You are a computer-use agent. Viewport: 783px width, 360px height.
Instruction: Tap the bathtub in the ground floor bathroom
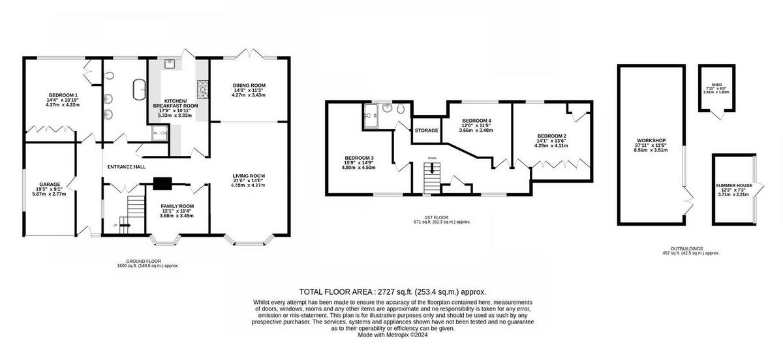(139, 88)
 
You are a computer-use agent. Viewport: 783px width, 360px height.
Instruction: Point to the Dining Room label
(249, 85)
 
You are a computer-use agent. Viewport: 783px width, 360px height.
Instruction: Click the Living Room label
(249, 175)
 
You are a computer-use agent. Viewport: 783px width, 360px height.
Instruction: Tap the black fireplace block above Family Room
(162, 184)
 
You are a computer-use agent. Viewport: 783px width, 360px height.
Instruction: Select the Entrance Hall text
(127, 167)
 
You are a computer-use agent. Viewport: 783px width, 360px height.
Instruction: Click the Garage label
(49, 185)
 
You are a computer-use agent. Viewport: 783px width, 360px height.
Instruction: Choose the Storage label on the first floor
(426, 130)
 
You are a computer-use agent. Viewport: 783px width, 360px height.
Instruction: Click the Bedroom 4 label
(476, 121)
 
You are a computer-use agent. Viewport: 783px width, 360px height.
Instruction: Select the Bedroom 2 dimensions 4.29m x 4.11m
(551, 146)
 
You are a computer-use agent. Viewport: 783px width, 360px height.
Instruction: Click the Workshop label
(651, 141)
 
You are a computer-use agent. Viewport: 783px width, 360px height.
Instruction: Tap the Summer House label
(733, 185)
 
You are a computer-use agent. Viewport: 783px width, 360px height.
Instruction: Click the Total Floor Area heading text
(392, 292)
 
